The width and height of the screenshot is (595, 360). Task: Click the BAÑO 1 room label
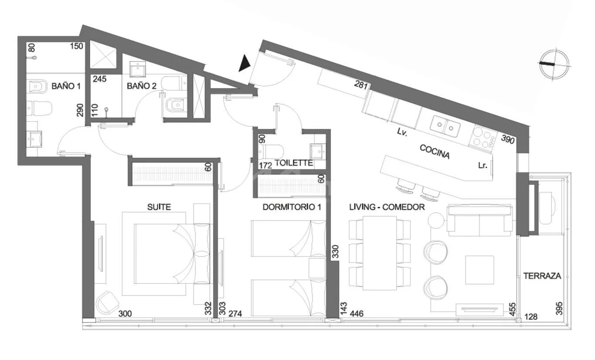pos(66,86)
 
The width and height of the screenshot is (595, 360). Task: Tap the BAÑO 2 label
pos(142,86)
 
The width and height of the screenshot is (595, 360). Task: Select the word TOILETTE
pos(294,163)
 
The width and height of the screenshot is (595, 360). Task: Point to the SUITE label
pos(159,207)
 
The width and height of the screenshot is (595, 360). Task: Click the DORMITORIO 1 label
pos(292,207)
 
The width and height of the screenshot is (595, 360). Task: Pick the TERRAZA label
pos(542,276)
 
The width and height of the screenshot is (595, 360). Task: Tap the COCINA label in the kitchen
pos(435,152)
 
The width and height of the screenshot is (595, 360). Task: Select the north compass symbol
pos(554,65)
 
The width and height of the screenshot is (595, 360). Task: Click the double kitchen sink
pos(445,126)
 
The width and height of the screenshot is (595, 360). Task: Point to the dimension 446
pos(357,314)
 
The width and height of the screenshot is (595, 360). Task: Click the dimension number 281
pos(361,85)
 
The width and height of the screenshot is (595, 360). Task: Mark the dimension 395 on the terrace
pos(559,308)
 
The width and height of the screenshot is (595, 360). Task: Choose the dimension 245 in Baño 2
pos(100,79)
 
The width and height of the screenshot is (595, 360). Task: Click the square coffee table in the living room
pos(479,270)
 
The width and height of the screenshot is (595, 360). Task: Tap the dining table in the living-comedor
pos(380,253)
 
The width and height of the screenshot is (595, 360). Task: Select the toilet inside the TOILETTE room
pos(271,152)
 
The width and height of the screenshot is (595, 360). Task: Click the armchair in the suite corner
pos(107,302)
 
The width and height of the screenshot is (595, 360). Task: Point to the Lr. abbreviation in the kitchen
pos(483,166)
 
